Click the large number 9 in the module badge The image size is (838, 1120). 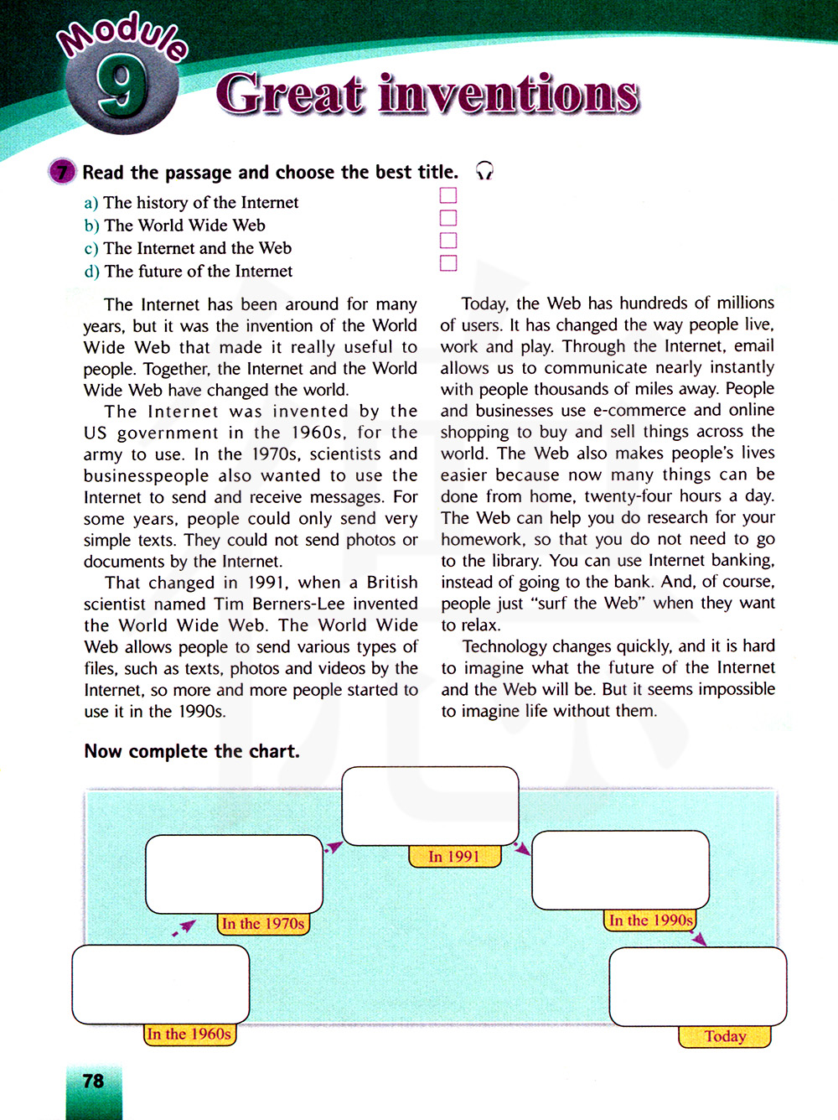120,89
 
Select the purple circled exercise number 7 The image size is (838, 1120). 62,172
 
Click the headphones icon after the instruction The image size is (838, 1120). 484,172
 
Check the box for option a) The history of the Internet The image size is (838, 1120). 448,195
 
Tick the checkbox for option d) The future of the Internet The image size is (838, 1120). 448,263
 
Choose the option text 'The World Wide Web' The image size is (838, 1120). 184,226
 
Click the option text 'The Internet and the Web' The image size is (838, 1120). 198,248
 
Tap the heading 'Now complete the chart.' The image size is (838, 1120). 192,751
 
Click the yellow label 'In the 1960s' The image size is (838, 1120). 189,1034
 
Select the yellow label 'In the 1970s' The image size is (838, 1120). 263,924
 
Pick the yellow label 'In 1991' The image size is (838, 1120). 454,857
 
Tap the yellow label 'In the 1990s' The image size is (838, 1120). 651,920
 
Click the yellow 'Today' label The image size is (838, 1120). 725,1037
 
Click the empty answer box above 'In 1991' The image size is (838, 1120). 431,805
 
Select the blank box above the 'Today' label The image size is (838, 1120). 697,986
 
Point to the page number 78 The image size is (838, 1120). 94,1081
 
